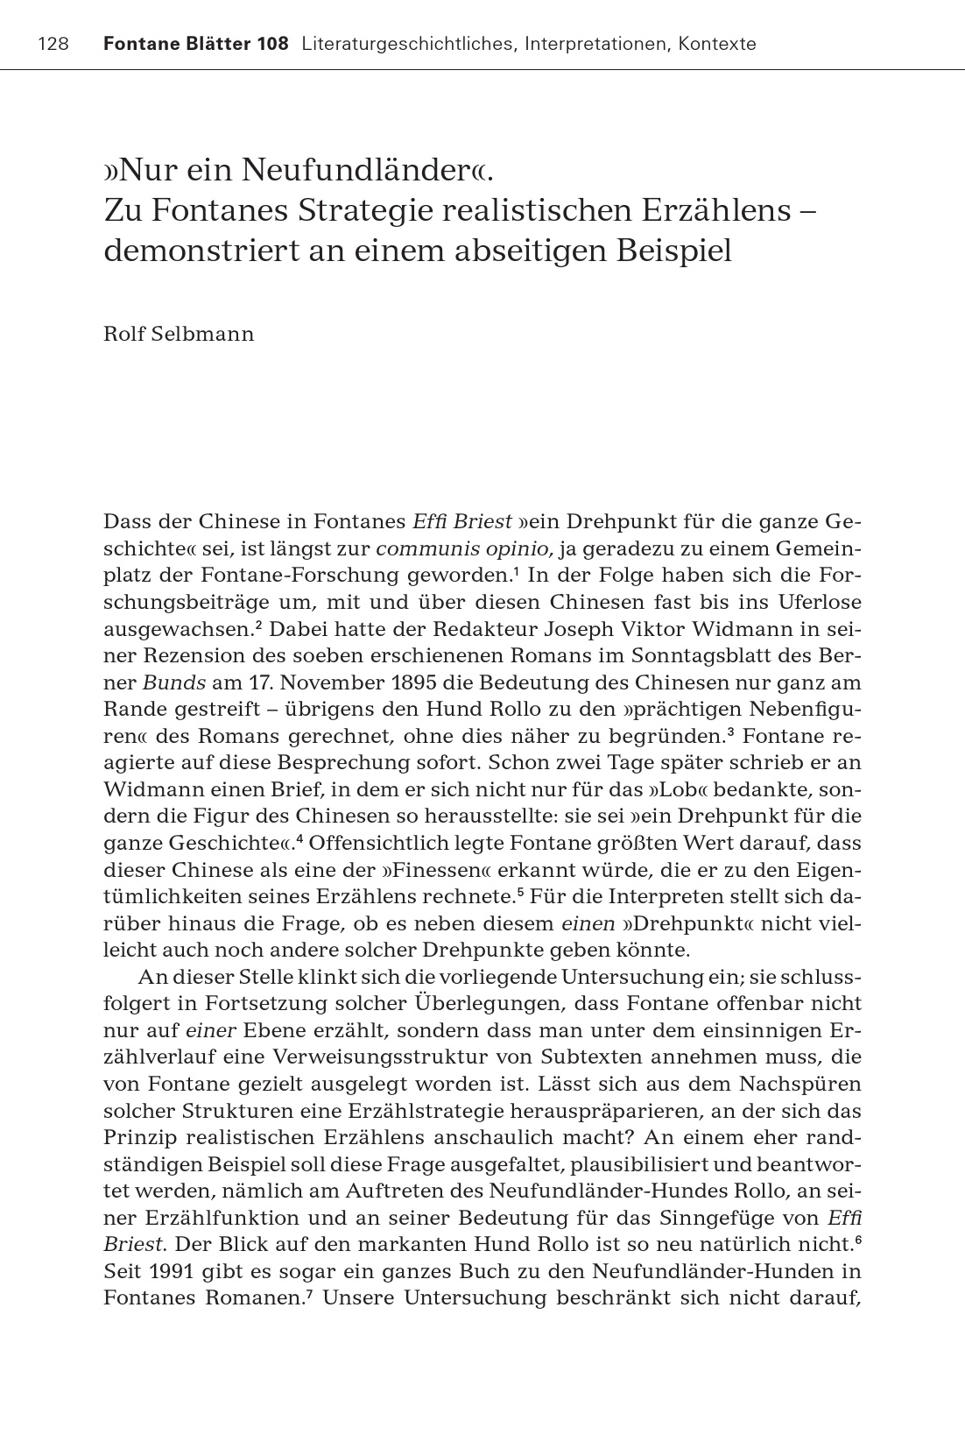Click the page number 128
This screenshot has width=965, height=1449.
click(53, 44)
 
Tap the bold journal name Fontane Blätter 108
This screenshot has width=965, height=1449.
click(196, 44)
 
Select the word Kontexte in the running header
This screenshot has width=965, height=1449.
click(716, 44)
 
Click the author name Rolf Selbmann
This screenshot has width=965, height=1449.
click(179, 335)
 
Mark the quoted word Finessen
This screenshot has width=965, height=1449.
click(447, 871)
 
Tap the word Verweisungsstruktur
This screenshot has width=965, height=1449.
click(391, 1057)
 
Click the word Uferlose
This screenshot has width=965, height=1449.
click(813, 603)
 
